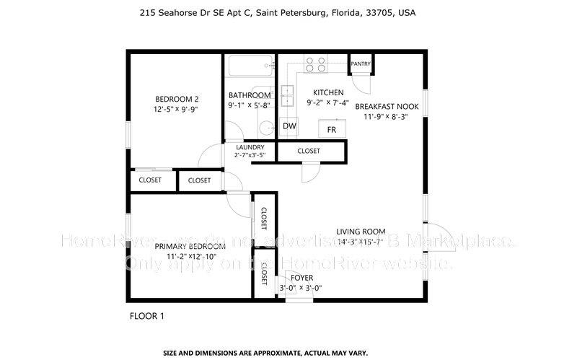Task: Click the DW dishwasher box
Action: click(x=289, y=127)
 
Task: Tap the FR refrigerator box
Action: click(x=332, y=129)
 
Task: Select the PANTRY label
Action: click(x=361, y=64)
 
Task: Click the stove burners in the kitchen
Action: click(x=314, y=64)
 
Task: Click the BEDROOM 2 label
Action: click(x=177, y=100)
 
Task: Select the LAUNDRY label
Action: click(x=250, y=147)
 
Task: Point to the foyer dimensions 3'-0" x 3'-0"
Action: click(x=301, y=288)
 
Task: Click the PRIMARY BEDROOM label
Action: click(x=190, y=247)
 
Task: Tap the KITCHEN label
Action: click(x=327, y=92)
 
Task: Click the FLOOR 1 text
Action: click(x=147, y=316)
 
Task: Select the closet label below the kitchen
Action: click(x=309, y=151)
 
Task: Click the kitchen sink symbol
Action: click(x=287, y=94)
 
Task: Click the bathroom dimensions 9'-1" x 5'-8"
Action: click(x=250, y=105)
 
